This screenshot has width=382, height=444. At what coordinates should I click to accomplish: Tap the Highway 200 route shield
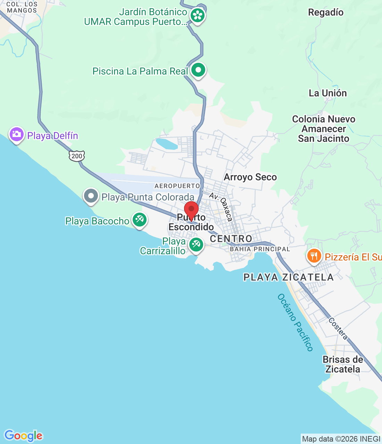click(77, 156)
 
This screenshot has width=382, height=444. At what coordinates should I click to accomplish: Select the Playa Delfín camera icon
click(16, 134)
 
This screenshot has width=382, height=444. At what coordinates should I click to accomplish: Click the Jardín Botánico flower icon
click(198, 15)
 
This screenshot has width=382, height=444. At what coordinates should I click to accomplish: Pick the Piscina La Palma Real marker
click(198, 70)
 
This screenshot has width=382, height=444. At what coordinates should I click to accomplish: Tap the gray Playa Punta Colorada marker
click(91, 196)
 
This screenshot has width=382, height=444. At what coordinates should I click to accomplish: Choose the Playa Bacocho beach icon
click(140, 220)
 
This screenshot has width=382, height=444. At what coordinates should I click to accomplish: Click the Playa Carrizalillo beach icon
click(196, 245)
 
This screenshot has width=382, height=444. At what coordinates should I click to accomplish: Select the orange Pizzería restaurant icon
click(314, 256)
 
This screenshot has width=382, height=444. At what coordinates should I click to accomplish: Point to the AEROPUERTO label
click(177, 186)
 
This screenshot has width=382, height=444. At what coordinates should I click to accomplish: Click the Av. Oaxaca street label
click(221, 207)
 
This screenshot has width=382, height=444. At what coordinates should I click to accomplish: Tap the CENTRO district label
click(231, 239)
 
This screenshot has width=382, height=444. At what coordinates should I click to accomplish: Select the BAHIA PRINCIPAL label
click(260, 249)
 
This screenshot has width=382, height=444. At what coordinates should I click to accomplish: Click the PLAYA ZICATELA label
click(289, 277)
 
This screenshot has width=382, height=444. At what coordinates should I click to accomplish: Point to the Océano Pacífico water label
click(296, 322)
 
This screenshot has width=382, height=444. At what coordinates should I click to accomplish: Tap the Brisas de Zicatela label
click(343, 364)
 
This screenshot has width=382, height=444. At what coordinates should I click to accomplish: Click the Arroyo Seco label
click(250, 177)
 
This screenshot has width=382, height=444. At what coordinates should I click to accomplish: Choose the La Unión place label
click(328, 93)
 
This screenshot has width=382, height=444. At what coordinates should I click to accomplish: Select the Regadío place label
click(326, 12)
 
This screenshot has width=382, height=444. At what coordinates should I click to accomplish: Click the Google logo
click(23, 436)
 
